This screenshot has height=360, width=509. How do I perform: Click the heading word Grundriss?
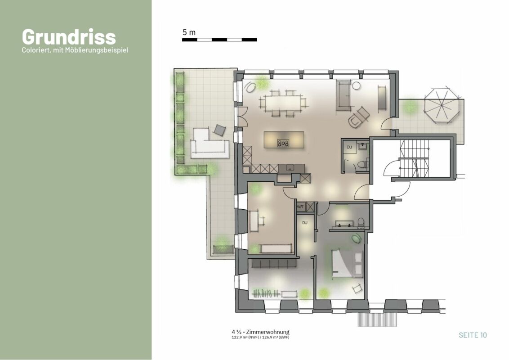click(x=69, y=37)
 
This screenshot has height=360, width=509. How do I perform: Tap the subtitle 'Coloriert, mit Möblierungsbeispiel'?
click(x=75, y=50)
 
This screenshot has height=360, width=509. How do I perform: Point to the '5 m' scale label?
click(x=189, y=32)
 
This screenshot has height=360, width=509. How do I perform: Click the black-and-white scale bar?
click(x=219, y=40)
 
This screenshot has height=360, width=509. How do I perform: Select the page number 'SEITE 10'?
click(x=473, y=335)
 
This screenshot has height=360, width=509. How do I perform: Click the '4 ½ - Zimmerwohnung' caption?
click(x=260, y=332)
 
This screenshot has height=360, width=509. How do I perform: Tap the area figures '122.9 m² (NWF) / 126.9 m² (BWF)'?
click(x=260, y=337)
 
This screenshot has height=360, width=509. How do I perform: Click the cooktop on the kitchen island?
click(x=283, y=143)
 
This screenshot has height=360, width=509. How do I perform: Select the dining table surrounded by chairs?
click(x=283, y=103)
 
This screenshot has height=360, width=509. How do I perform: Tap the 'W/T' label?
click(x=300, y=207)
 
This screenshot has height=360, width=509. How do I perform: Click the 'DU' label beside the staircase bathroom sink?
click(x=349, y=147)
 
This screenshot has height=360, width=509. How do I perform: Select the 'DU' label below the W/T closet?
click(x=304, y=223)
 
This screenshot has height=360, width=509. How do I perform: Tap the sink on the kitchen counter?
click(x=290, y=168)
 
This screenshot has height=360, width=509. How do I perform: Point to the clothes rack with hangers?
click(x=266, y=294)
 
